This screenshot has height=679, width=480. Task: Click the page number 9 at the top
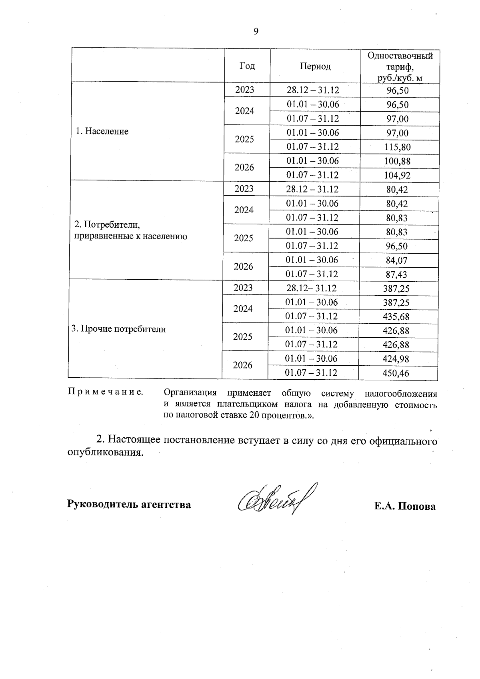coord(256,32)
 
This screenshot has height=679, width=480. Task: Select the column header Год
coord(247,66)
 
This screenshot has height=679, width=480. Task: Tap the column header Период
coord(315,66)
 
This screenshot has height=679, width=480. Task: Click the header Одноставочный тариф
coord(400,66)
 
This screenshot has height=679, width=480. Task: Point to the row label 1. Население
coord(102,131)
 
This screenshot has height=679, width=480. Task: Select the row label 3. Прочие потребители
coord(118,329)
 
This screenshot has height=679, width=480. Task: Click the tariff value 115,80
coord(398,147)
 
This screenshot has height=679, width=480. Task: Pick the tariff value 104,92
coord(398,175)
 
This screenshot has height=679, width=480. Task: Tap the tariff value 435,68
coord(396,316)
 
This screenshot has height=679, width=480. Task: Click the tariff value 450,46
coord(396,373)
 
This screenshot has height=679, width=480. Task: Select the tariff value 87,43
coord(397,274)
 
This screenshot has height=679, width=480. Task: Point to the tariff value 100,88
coord(398,161)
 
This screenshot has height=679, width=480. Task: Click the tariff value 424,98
coord(396,359)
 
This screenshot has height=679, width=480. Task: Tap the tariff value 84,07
coord(397,260)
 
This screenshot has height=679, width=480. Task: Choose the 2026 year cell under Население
coord(244,168)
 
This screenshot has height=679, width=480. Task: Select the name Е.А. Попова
coord(405,507)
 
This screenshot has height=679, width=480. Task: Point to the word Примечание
coord(106,392)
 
